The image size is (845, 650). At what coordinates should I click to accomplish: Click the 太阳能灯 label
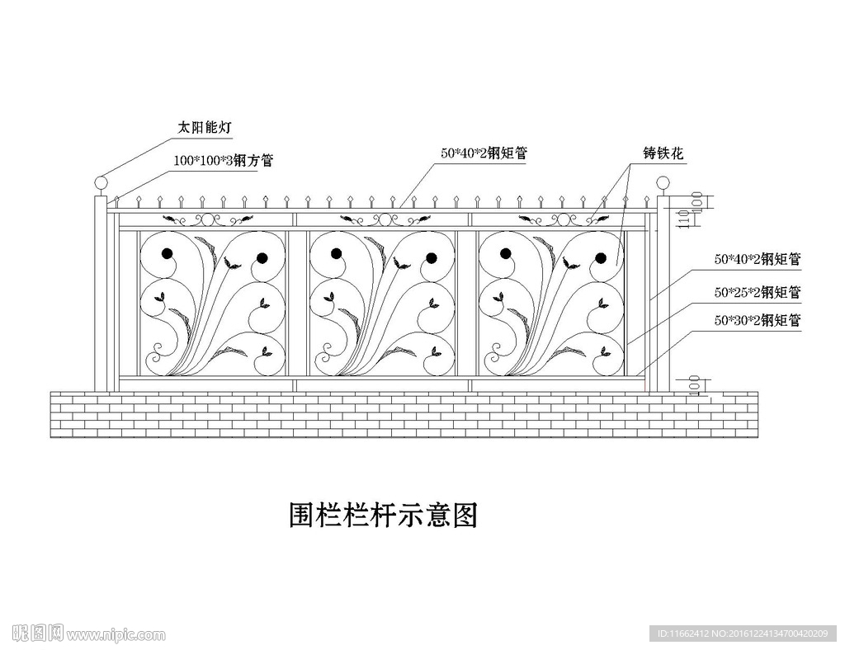tap(205, 128)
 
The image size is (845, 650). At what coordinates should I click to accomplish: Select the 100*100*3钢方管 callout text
tap(223, 161)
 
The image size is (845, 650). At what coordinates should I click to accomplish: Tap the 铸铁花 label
tap(664, 153)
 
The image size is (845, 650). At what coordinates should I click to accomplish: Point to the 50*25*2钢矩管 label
tap(758, 291)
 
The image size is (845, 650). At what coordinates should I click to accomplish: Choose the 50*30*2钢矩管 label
tap(758, 321)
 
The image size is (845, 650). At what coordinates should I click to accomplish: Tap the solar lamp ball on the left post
tap(101, 182)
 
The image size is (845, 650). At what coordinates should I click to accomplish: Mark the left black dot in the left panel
tap(168, 254)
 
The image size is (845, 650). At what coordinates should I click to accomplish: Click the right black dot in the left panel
tap(262, 258)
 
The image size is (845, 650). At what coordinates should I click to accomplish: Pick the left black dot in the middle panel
tap(337, 254)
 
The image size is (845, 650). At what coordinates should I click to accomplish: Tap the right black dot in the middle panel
tap(431, 258)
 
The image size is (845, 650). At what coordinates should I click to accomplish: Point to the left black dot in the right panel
tap(506, 254)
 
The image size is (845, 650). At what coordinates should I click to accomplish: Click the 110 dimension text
tap(682, 219)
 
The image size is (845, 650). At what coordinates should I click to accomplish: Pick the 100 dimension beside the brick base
tap(694, 385)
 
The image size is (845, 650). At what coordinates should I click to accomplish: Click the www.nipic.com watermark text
tap(116, 634)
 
